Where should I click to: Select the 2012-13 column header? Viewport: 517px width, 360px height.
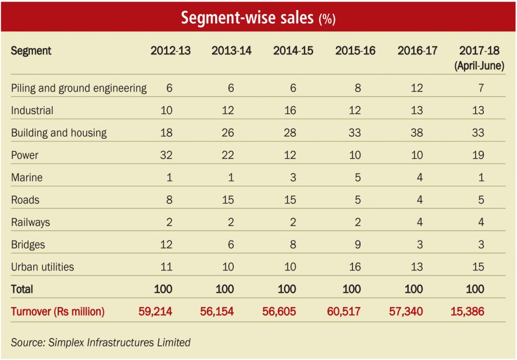[x=171, y=51]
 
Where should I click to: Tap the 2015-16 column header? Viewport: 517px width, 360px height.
[x=355, y=51]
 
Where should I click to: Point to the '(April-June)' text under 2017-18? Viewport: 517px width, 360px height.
[x=479, y=66]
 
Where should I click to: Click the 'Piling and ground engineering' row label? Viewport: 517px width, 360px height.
[x=79, y=88]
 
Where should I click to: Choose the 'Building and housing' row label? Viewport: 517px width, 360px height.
[x=59, y=133]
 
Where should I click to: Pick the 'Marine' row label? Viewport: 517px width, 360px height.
[x=27, y=177]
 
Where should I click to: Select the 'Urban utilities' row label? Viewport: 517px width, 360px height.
[x=42, y=267]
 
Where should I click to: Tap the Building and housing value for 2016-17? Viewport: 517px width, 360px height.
[x=417, y=133]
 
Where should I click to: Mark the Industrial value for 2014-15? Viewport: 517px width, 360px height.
[x=290, y=111]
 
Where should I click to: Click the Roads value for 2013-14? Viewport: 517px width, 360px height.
[x=228, y=199]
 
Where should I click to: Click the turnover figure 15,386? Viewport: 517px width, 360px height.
[x=467, y=311]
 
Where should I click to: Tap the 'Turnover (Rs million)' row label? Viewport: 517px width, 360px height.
[x=58, y=311]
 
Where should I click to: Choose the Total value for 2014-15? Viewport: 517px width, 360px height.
[x=287, y=289]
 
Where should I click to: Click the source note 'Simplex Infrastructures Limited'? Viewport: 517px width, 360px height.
[x=119, y=342]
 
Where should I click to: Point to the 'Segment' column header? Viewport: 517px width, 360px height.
[x=31, y=51]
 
